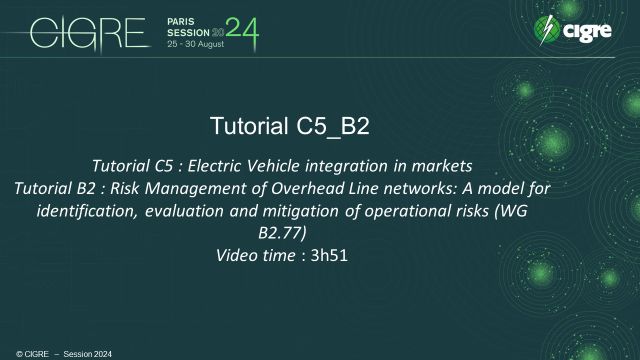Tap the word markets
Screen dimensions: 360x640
436,163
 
